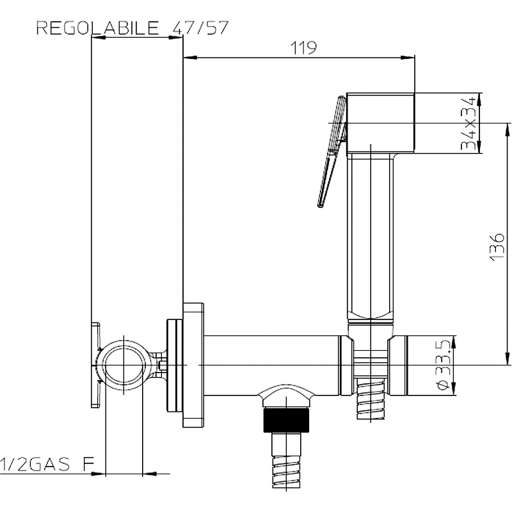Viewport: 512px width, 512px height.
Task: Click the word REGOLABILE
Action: [x=97, y=28]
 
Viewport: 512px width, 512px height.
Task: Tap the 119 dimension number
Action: [x=303, y=48]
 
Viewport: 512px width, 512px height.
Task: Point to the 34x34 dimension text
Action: [x=468, y=123]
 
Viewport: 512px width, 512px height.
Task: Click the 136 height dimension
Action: [x=497, y=247]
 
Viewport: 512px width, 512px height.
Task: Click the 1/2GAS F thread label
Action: [x=47, y=464]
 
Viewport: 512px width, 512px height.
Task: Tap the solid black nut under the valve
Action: [x=286, y=420]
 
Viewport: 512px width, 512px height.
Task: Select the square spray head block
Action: [x=380, y=123]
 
